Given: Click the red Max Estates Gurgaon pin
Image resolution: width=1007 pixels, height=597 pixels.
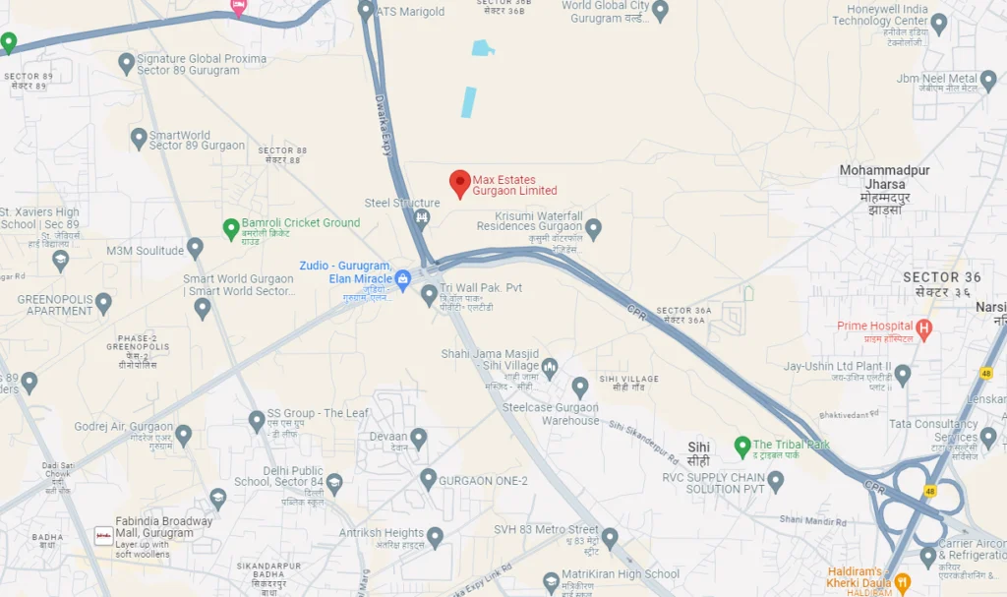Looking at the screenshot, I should (x=459, y=183).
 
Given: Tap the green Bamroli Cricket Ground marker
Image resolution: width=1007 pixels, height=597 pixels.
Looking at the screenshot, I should (x=231, y=228).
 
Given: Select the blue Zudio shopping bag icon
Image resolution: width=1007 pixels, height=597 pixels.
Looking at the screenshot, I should (x=403, y=279).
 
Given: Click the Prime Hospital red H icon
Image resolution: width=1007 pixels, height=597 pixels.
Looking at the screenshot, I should (x=923, y=327).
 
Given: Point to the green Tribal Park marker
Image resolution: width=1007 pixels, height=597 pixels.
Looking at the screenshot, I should (x=742, y=447).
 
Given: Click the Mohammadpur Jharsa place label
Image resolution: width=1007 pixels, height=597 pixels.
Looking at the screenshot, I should (x=884, y=183).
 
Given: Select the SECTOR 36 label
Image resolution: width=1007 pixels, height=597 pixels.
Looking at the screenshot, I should (x=942, y=277).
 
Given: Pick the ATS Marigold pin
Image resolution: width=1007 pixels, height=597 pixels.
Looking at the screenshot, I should (x=366, y=11).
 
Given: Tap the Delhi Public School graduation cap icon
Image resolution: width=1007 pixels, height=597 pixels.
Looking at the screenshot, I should (x=334, y=482).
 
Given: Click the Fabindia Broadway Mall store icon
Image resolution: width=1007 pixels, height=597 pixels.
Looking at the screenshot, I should (x=102, y=535).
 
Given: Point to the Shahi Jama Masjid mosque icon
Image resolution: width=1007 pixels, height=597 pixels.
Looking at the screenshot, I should (x=550, y=368).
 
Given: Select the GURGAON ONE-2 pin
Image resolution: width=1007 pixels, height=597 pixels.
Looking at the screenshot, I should (x=428, y=479).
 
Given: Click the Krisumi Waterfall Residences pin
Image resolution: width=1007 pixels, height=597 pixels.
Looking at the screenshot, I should (x=593, y=228).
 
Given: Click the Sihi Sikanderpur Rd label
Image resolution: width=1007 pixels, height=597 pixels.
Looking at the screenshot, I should (x=644, y=442).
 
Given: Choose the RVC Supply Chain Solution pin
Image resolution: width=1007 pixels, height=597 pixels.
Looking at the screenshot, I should (x=775, y=481).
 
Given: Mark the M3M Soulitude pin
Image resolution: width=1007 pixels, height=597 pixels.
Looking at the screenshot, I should (x=195, y=248).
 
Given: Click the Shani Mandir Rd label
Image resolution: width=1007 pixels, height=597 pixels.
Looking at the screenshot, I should (x=811, y=519).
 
